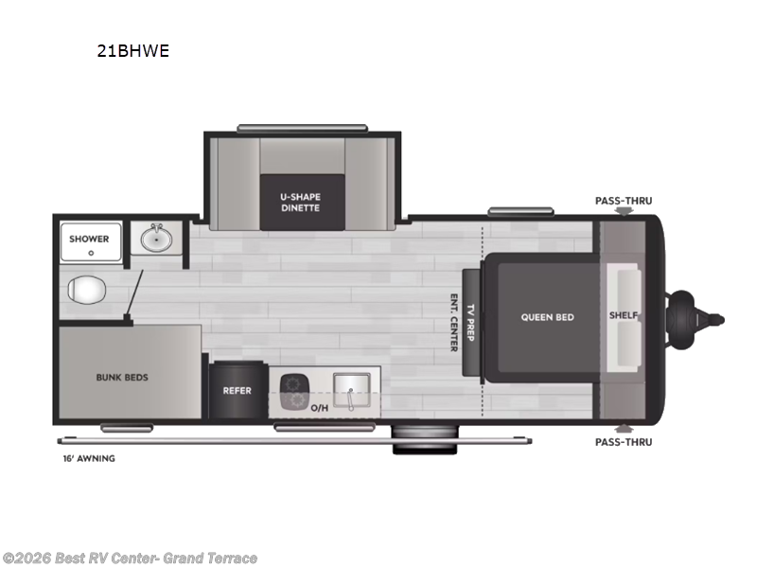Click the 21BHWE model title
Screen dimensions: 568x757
(x=132, y=52)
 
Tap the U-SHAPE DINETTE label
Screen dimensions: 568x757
(x=300, y=202)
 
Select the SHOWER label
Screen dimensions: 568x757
(x=89, y=239)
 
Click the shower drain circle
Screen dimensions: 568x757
(x=90, y=253)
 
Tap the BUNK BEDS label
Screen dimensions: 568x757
(x=122, y=377)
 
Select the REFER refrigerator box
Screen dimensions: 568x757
(x=237, y=390)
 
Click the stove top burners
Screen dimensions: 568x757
(x=296, y=392)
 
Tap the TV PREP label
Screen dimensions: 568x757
(x=471, y=322)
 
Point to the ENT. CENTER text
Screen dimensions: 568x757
(x=454, y=322)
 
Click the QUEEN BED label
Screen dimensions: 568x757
(x=547, y=317)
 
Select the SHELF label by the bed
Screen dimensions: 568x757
(x=623, y=316)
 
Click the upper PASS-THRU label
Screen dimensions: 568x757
(x=623, y=201)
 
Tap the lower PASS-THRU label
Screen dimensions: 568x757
(x=623, y=442)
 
